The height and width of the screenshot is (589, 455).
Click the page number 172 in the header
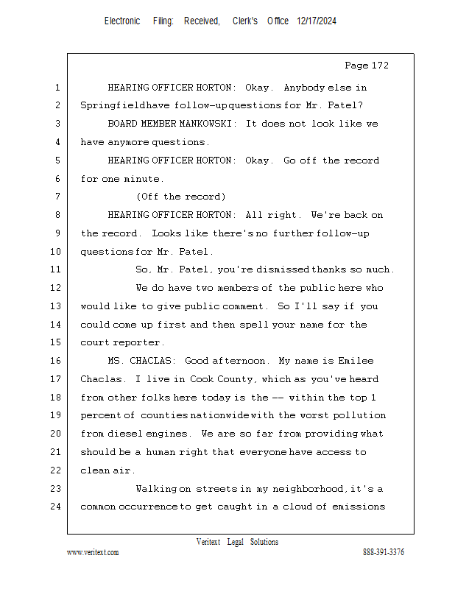[x=378, y=66]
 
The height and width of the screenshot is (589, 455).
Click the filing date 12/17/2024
[x=317, y=21]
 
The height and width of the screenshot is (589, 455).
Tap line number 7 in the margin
[x=57, y=197]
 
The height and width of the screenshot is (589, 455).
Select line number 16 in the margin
[x=57, y=361]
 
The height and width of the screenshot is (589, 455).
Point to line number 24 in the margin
[x=57, y=507]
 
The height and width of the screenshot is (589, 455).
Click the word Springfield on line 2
[x=113, y=105]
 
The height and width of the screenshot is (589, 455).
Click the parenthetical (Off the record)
[x=180, y=197]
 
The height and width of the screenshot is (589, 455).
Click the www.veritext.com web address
[x=93, y=552]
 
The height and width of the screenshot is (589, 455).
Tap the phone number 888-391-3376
[x=384, y=552]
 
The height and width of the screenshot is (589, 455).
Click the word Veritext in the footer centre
[x=208, y=542]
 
